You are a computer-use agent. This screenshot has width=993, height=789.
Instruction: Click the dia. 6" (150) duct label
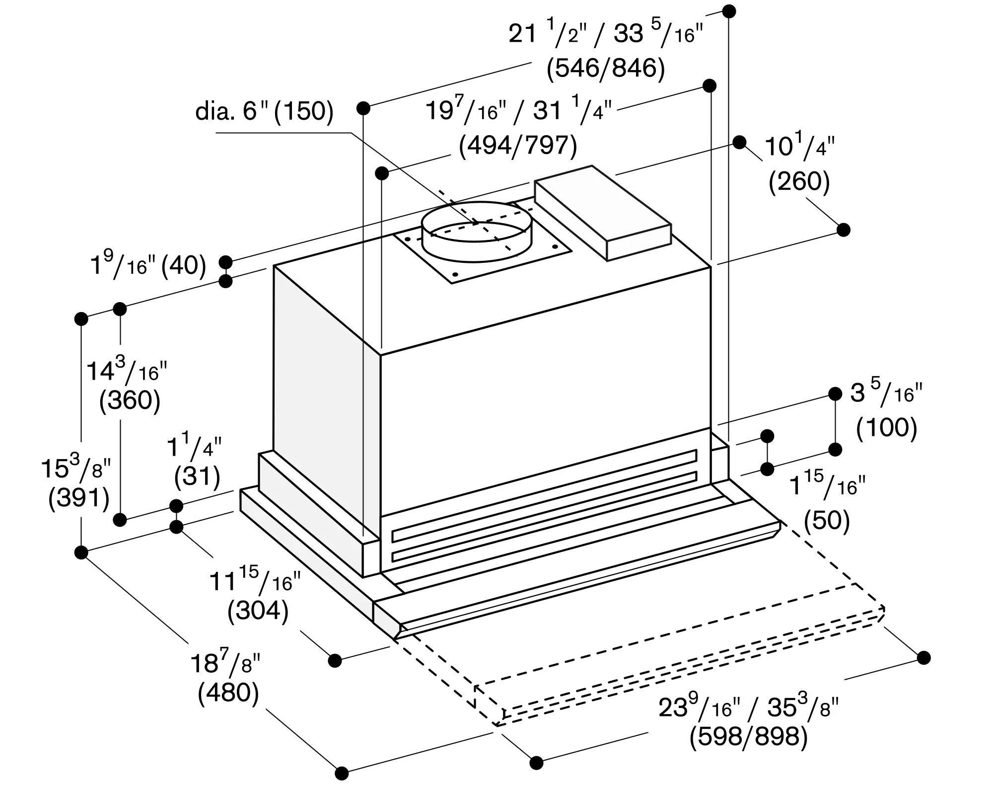pyautogui.click(x=264, y=111)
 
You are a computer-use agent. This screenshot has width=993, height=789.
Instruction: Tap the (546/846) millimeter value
pyautogui.click(x=606, y=69)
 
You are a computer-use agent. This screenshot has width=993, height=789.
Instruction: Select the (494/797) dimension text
pyautogui.click(x=518, y=146)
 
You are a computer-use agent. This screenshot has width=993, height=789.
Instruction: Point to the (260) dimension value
pyautogui.click(x=799, y=182)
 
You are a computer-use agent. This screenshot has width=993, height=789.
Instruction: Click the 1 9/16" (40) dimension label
pyautogui.click(x=148, y=264)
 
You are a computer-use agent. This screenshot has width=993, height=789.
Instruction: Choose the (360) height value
pyautogui.click(x=130, y=400)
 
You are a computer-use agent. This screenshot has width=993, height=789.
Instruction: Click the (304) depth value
pyautogui.click(x=258, y=611)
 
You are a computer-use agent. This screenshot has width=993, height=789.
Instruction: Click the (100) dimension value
pyautogui.click(x=886, y=428)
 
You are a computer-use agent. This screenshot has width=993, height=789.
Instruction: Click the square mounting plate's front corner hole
pyautogui.click(x=454, y=274)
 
